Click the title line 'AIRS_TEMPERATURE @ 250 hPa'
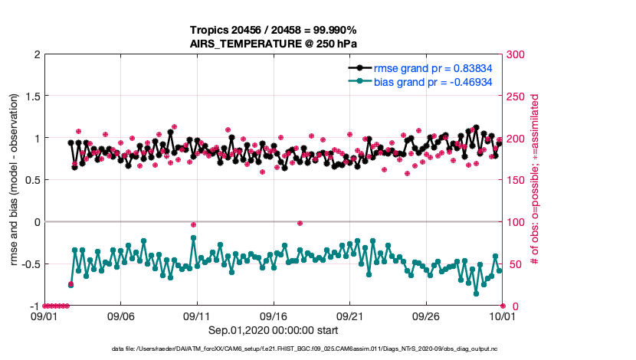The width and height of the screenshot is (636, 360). (274, 44)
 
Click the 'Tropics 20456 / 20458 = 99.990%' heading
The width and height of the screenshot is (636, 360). (274, 30)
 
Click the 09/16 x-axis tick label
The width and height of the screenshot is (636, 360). (274, 316)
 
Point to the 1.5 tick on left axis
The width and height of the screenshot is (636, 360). (31, 97)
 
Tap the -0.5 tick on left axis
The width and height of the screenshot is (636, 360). (29, 264)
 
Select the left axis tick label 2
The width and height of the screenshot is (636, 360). (36, 54)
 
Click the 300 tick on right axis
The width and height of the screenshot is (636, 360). (516, 54)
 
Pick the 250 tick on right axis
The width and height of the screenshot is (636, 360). (516, 97)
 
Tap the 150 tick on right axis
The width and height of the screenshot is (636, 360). (516, 180)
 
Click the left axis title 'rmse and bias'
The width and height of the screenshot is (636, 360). (15, 180)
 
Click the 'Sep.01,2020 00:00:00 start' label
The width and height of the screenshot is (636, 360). (274, 330)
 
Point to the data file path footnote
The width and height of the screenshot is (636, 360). (318, 349)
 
